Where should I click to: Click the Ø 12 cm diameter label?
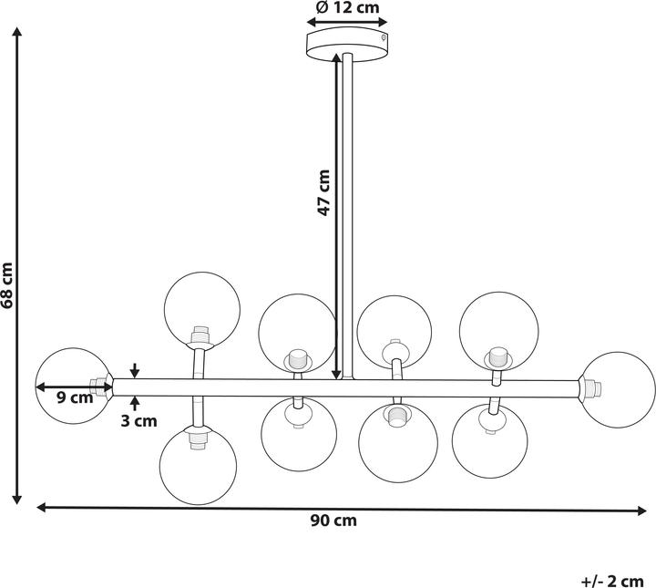pos(347,7)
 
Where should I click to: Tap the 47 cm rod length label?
pos(323,193)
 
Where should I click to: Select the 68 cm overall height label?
pos(7,286)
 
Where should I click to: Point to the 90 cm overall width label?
pos(333,521)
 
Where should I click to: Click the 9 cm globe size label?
pos(75,397)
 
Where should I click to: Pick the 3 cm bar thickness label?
pos(138,421)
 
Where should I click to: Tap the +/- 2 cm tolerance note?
pos(612,582)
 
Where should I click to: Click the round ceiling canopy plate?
pos(347,45)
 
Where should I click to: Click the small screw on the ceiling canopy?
pos(383,37)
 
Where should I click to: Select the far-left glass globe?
pos(74,386)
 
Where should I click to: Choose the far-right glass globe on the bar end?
pos(617,390)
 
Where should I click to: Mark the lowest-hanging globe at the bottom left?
pos(198,465)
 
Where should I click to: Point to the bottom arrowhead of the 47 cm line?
pos(336,374)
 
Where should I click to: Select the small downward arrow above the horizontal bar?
pos(134,370)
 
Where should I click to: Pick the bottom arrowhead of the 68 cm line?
pos(16,499)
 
